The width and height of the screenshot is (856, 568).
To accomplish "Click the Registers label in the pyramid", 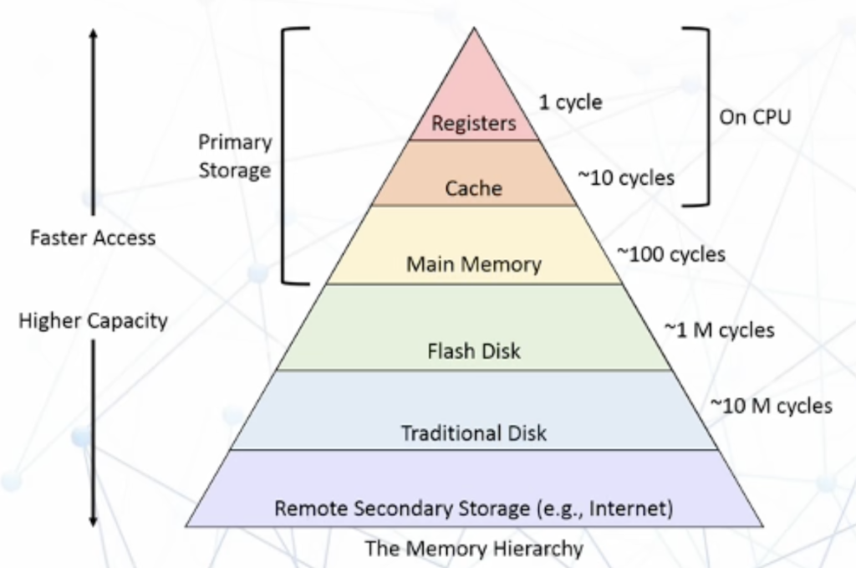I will [x=474, y=124].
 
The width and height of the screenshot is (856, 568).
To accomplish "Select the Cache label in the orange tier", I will [x=474, y=188].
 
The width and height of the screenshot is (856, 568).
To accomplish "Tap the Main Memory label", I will [x=474, y=264].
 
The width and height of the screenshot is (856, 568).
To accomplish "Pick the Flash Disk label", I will [x=474, y=350].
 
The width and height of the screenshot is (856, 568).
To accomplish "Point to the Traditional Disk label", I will [x=474, y=432].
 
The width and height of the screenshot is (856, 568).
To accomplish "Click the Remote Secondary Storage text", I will [x=474, y=508].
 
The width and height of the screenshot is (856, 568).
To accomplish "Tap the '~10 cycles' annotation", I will [x=626, y=177].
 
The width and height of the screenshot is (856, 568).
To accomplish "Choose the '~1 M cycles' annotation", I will [x=719, y=330].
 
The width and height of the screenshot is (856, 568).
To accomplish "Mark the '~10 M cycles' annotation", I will [x=771, y=406].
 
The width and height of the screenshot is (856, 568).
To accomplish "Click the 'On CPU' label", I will [x=755, y=117].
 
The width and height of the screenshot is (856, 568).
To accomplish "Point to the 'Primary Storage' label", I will [x=235, y=156].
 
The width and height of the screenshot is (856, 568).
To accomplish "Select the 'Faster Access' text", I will [x=93, y=238].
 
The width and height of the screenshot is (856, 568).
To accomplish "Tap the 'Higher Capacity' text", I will [x=93, y=320].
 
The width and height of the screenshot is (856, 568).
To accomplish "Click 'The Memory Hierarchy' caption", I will [x=474, y=549].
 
